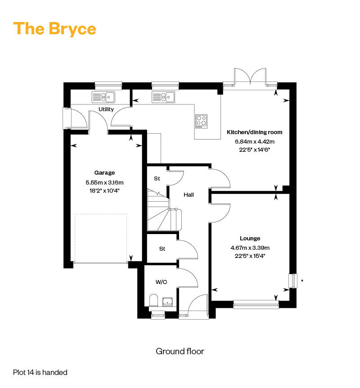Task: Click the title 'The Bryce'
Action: coord(55,29)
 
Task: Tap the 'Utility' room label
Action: coord(106,109)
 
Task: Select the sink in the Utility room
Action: coord(103,96)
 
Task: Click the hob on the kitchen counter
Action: coord(201,121)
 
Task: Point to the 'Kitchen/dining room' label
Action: coord(255,132)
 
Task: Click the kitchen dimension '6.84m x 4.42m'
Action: coord(255,142)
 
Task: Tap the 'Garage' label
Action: coord(104,172)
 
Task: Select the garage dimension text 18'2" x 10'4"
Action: coord(104,190)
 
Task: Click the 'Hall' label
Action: coord(189,195)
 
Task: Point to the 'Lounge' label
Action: coord(250,239)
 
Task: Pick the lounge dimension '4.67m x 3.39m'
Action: coord(250,248)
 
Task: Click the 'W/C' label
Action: coord(161,282)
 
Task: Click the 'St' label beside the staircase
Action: coord(157,179)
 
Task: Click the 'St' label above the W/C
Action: coord(162,248)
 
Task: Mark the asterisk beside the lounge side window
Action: coord(302,281)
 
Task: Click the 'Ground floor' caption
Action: coord(180,351)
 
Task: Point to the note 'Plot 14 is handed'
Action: coord(40,372)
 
